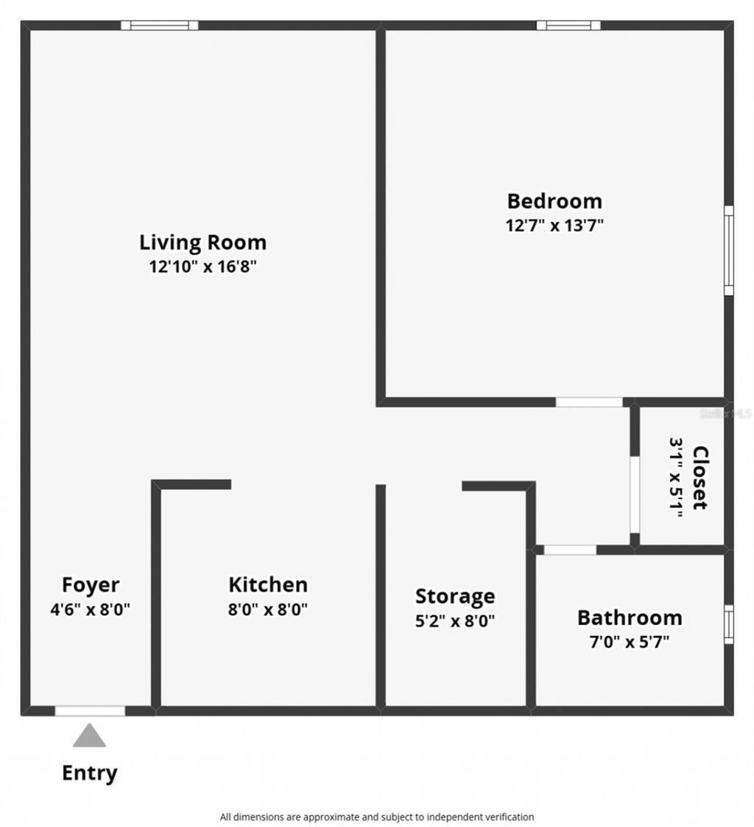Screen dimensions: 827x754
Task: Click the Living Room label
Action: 202,242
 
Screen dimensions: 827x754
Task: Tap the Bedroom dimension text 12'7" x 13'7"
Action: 554,225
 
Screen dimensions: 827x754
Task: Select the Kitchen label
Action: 268,585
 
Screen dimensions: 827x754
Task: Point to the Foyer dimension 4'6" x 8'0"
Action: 91,610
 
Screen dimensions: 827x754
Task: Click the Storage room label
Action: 455,596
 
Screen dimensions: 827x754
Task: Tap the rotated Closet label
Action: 700,478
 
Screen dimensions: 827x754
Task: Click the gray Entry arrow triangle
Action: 89,736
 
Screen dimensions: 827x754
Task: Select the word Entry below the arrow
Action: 89,773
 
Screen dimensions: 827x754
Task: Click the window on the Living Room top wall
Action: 160,25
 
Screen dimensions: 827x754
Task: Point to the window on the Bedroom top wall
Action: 568,25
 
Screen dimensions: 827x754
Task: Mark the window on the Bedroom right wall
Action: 729,250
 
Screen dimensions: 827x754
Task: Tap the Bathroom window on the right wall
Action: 729,624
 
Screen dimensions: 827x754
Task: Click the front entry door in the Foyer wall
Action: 90,711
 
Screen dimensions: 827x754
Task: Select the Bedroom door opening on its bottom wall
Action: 588,402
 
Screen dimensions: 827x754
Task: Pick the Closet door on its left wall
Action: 634,494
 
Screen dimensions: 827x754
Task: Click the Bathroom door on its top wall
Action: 570,550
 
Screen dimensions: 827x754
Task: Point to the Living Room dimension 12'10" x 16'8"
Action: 202,266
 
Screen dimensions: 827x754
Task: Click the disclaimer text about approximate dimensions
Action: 377,817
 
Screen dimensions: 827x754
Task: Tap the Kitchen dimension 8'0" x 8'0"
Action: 268,610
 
